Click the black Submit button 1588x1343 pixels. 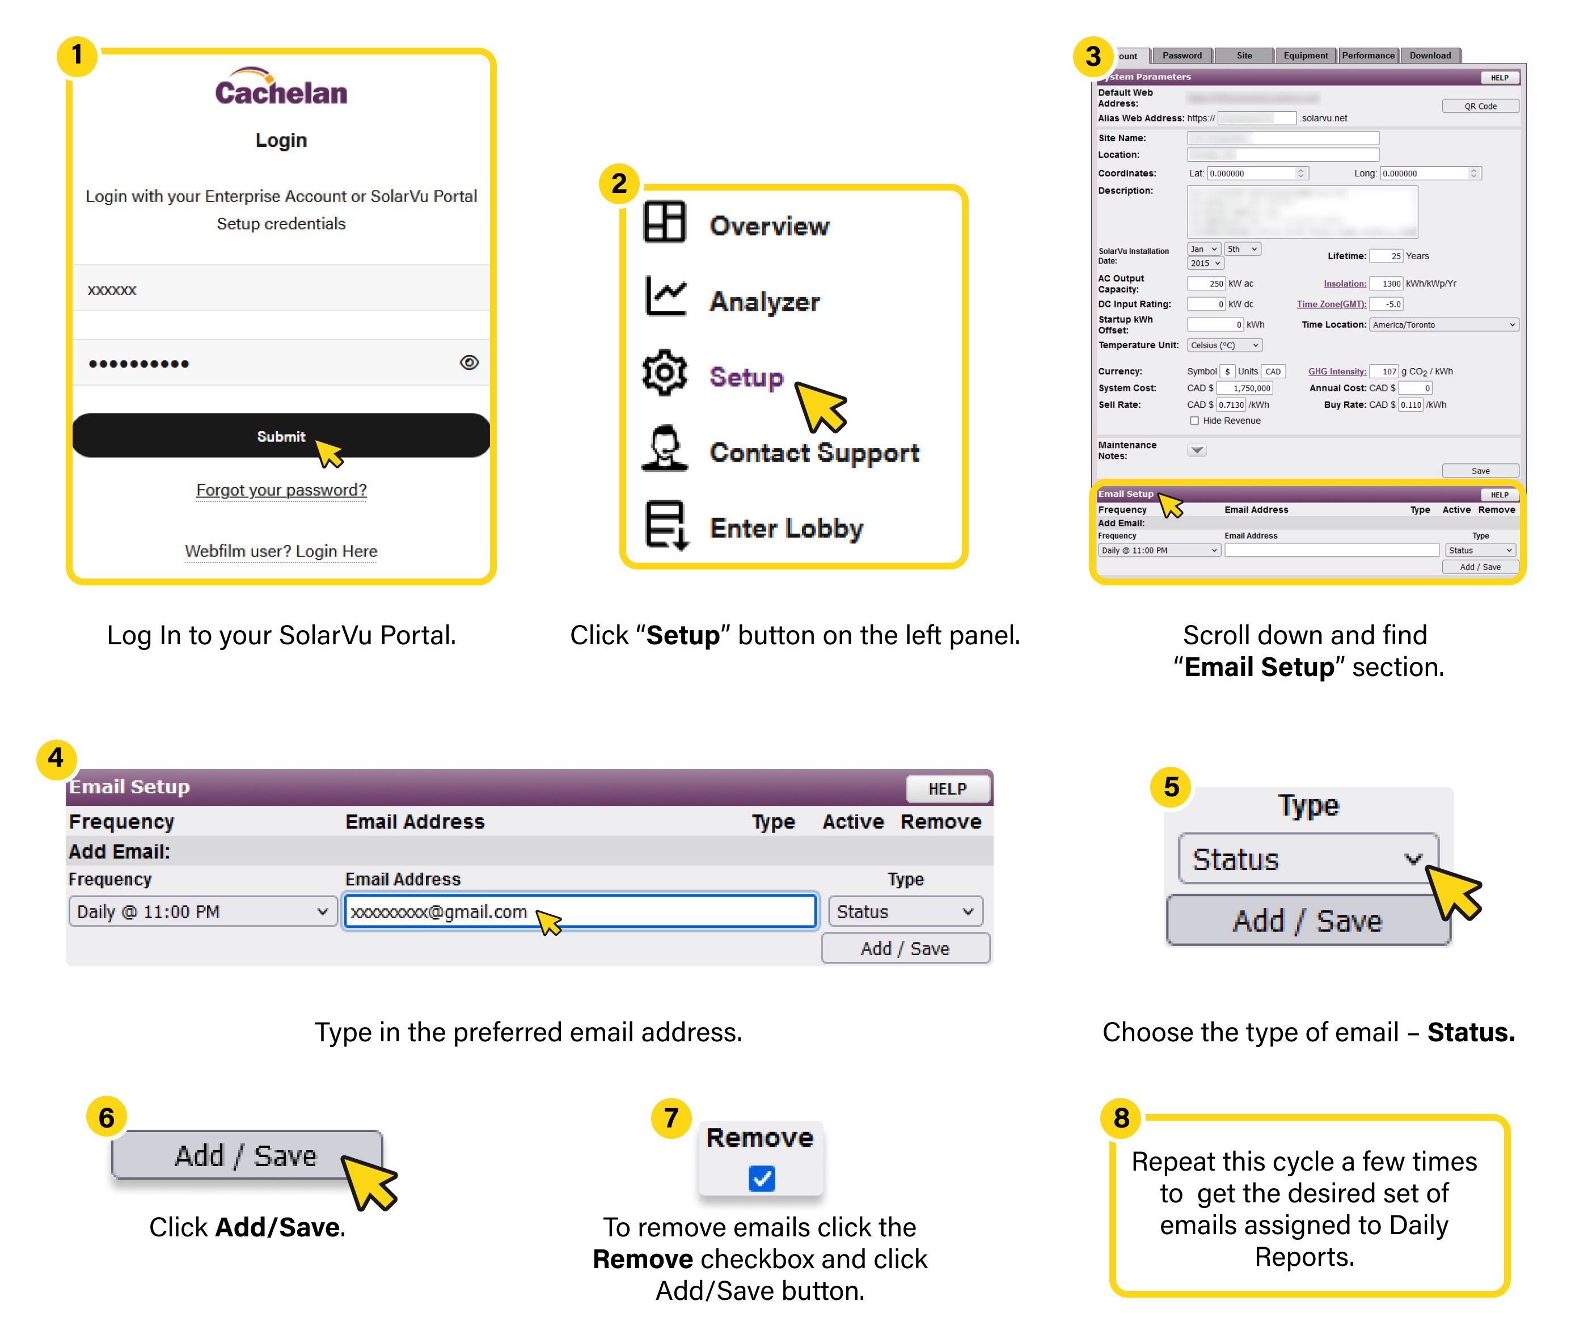pyautogui.click(x=280, y=436)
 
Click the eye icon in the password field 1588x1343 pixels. pyautogui.click(x=469, y=362)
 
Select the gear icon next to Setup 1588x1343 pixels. pyautogui.click(x=665, y=373)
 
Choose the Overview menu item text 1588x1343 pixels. pyautogui.click(x=769, y=226)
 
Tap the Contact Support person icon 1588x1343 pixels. pyautogui.click(x=665, y=449)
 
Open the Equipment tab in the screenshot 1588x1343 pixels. pyautogui.click(x=1305, y=56)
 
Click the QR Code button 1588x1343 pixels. pyautogui.click(x=1479, y=107)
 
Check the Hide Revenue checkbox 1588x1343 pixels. pyautogui.click(x=1194, y=421)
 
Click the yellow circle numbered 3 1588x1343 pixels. pyautogui.click(x=1092, y=56)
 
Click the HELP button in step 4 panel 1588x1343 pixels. pyautogui.click(x=947, y=789)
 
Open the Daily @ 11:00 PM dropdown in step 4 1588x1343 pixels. pyautogui.click(x=202, y=911)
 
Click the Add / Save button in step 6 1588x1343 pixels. pyautogui.click(x=245, y=1155)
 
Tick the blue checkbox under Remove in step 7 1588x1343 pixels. pyautogui.click(x=761, y=1178)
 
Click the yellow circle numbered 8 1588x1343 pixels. pyautogui.click(x=1121, y=1118)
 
